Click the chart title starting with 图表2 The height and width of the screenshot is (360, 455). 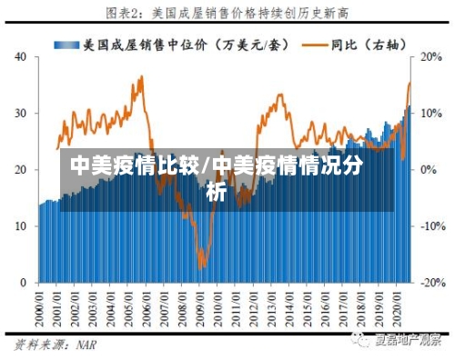click(x=227, y=13)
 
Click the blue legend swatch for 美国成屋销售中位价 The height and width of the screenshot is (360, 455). click(x=66, y=44)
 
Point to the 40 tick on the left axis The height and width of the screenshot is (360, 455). click(x=21, y=56)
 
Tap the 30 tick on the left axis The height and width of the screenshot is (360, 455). click(x=21, y=113)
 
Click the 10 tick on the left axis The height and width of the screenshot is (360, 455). click(x=21, y=226)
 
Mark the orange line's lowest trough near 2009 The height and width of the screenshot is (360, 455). click(x=202, y=266)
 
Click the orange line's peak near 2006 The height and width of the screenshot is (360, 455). click(x=141, y=77)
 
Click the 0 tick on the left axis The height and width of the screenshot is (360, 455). click(x=25, y=283)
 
